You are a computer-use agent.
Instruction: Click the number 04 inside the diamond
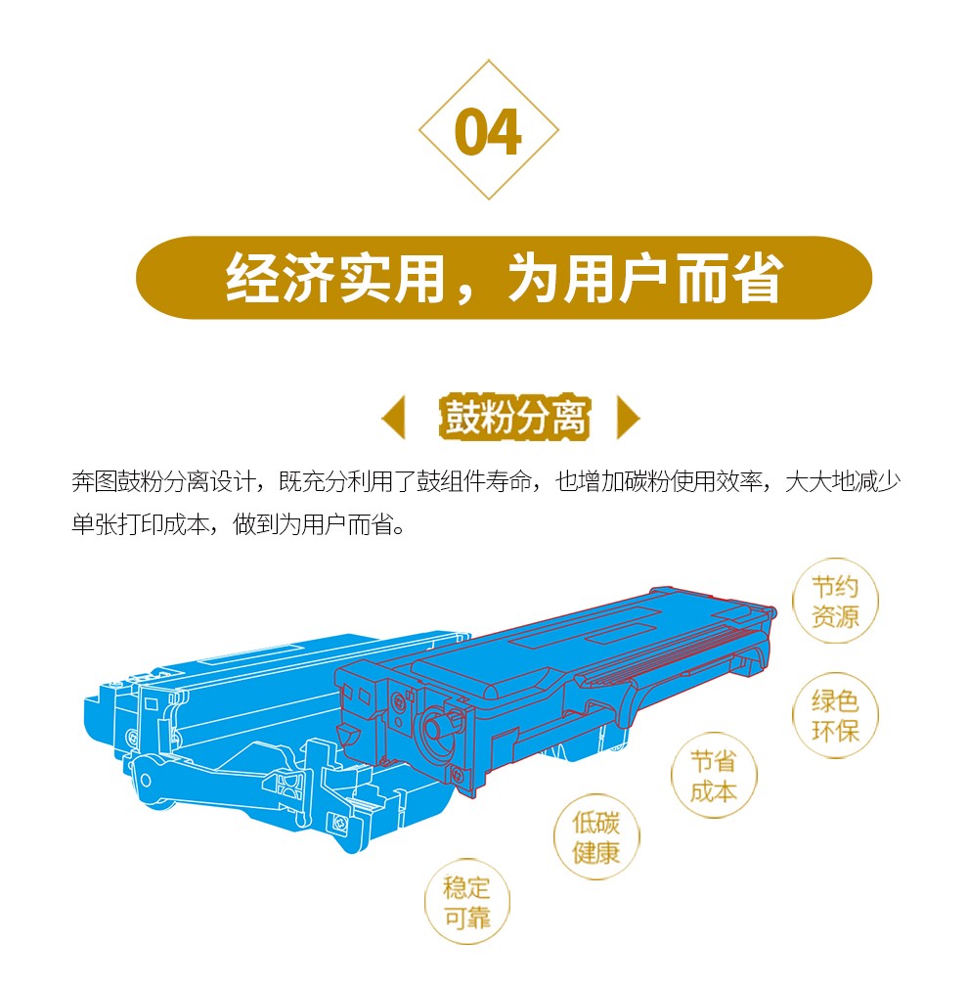click(488, 131)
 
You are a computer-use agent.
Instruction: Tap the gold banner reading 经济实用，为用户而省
click(504, 278)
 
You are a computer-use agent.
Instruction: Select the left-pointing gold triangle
click(393, 417)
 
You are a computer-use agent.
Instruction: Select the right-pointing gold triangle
click(628, 417)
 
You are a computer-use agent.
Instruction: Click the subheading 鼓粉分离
click(514, 417)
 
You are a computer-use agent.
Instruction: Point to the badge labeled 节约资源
click(835, 601)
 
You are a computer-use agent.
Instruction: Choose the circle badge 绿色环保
click(835, 715)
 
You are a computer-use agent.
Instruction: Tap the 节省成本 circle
click(713, 775)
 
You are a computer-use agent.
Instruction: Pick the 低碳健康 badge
click(595, 836)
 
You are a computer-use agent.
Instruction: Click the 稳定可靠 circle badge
click(466, 902)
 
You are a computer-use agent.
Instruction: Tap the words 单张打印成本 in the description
click(140, 524)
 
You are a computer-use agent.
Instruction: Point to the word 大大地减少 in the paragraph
click(843, 482)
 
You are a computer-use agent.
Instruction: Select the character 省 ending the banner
click(758, 278)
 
